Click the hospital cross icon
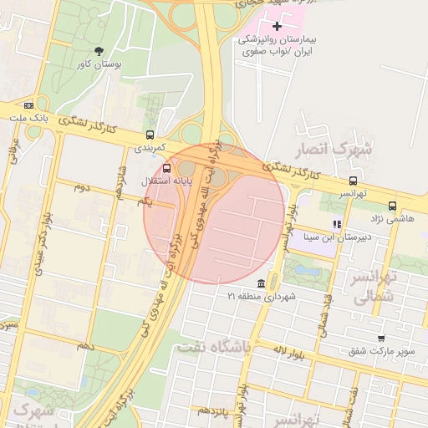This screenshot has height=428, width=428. point(278,26)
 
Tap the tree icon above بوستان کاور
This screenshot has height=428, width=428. point(99,50)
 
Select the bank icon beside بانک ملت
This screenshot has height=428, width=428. point(29,105)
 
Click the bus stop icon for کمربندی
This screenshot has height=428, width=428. point(150,134)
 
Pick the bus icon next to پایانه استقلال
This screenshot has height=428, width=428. point(168,167)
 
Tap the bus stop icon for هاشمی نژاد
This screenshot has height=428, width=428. point(392,205)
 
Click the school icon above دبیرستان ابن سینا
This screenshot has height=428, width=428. point(337,223)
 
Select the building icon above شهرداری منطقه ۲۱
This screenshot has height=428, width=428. point(262,283)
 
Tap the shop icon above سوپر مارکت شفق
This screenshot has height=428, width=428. point(381,338)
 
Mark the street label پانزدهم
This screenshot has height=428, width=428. point(211,411)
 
